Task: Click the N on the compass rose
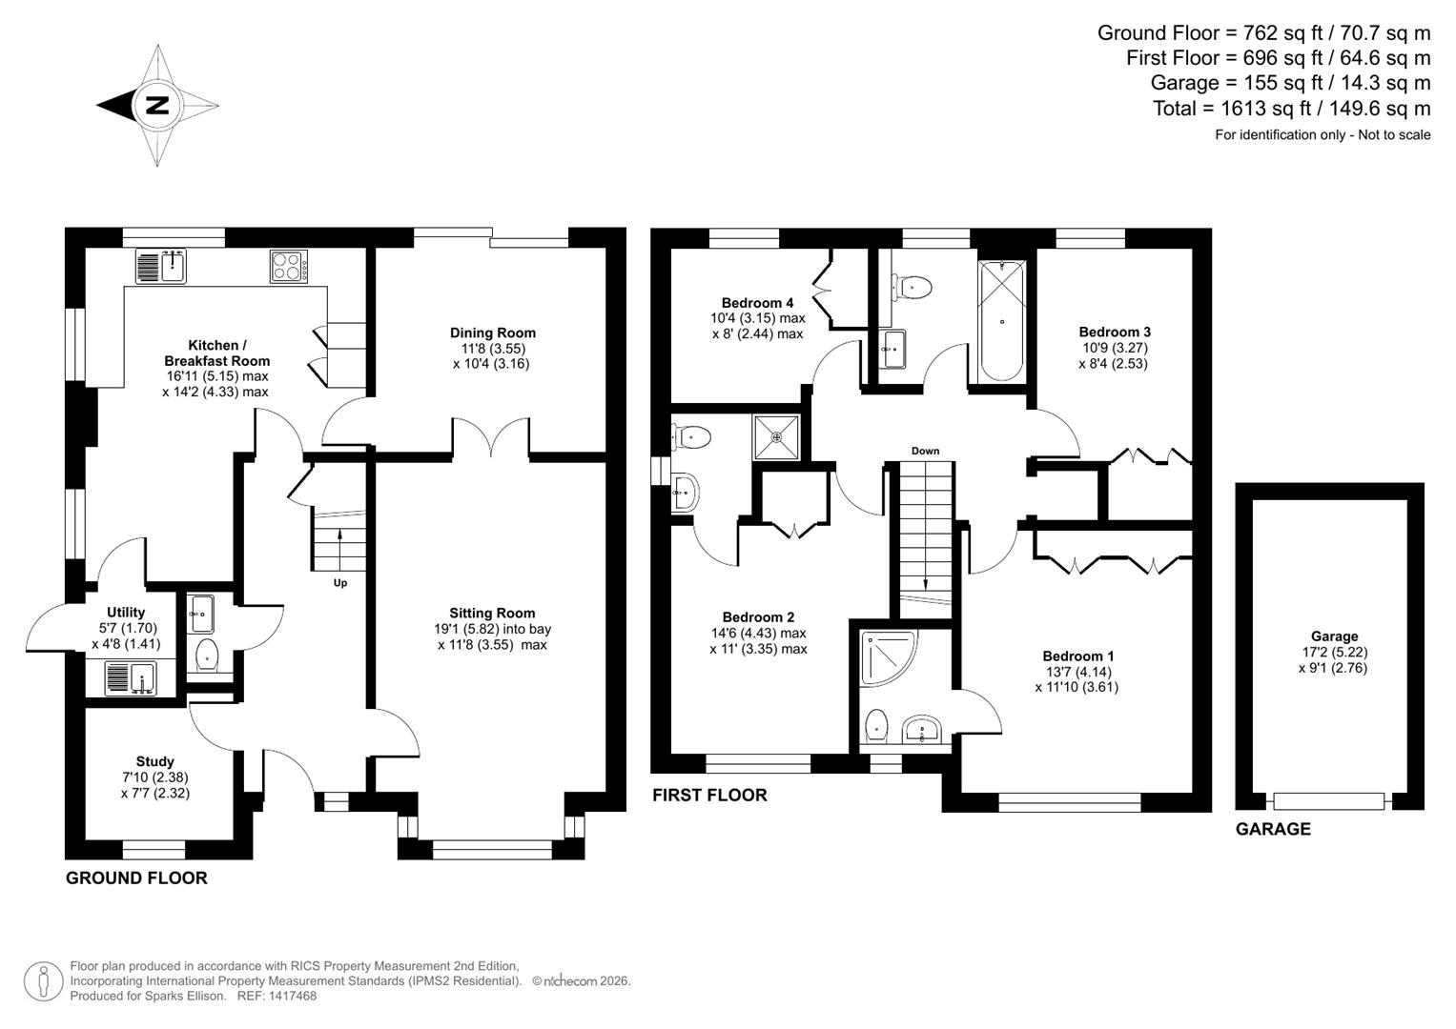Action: click(x=157, y=105)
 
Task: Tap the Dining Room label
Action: click(x=493, y=333)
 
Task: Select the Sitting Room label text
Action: click(x=492, y=613)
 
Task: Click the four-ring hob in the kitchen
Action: click(x=289, y=266)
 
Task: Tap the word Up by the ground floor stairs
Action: click(x=339, y=582)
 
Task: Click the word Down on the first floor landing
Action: click(x=925, y=451)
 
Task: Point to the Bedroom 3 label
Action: click(x=1115, y=332)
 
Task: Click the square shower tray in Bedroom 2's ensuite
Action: click(x=778, y=437)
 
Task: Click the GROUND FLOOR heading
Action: click(x=136, y=878)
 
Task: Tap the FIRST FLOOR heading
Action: click(x=709, y=795)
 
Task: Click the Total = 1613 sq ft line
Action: click(x=1291, y=109)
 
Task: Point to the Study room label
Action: click(x=154, y=761)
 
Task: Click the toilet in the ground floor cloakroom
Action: click(x=206, y=656)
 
